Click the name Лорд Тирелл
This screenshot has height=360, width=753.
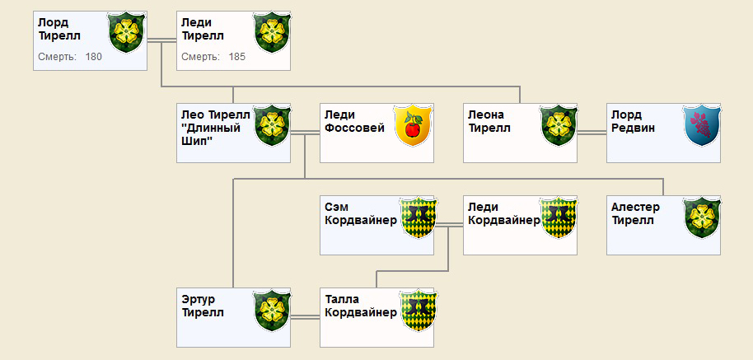(x=59, y=30)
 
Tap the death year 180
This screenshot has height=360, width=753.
(x=94, y=57)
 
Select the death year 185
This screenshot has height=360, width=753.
(x=236, y=57)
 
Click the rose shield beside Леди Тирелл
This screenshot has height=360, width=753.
(x=272, y=32)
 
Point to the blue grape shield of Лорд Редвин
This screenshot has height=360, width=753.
(x=702, y=124)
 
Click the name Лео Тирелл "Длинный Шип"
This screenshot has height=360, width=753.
(x=216, y=128)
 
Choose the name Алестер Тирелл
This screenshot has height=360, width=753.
(x=635, y=214)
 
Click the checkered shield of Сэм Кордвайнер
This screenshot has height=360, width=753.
(x=419, y=217)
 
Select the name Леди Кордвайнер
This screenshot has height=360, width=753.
(x=504, y=214)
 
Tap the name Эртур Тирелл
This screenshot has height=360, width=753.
(x=203, y=306)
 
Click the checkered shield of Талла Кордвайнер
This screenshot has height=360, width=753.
(x=419, y=309)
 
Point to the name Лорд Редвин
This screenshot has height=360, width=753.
(x=633, y=122)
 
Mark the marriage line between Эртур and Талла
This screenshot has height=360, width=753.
(x=305, y=317)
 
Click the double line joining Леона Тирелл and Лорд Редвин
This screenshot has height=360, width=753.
(x=592, y=133)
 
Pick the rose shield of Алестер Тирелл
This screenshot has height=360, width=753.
(x=702, y=217)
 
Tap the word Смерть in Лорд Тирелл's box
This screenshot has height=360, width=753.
(x=57, y=57)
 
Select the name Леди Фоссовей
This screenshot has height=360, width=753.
(x=354, y=122)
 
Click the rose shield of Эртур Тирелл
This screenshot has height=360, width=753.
(x=272, y=309)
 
